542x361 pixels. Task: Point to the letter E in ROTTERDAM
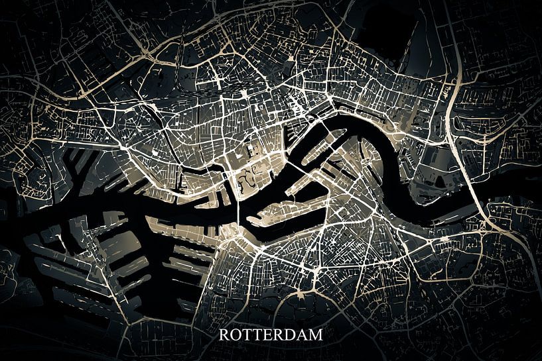coord(265,335)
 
